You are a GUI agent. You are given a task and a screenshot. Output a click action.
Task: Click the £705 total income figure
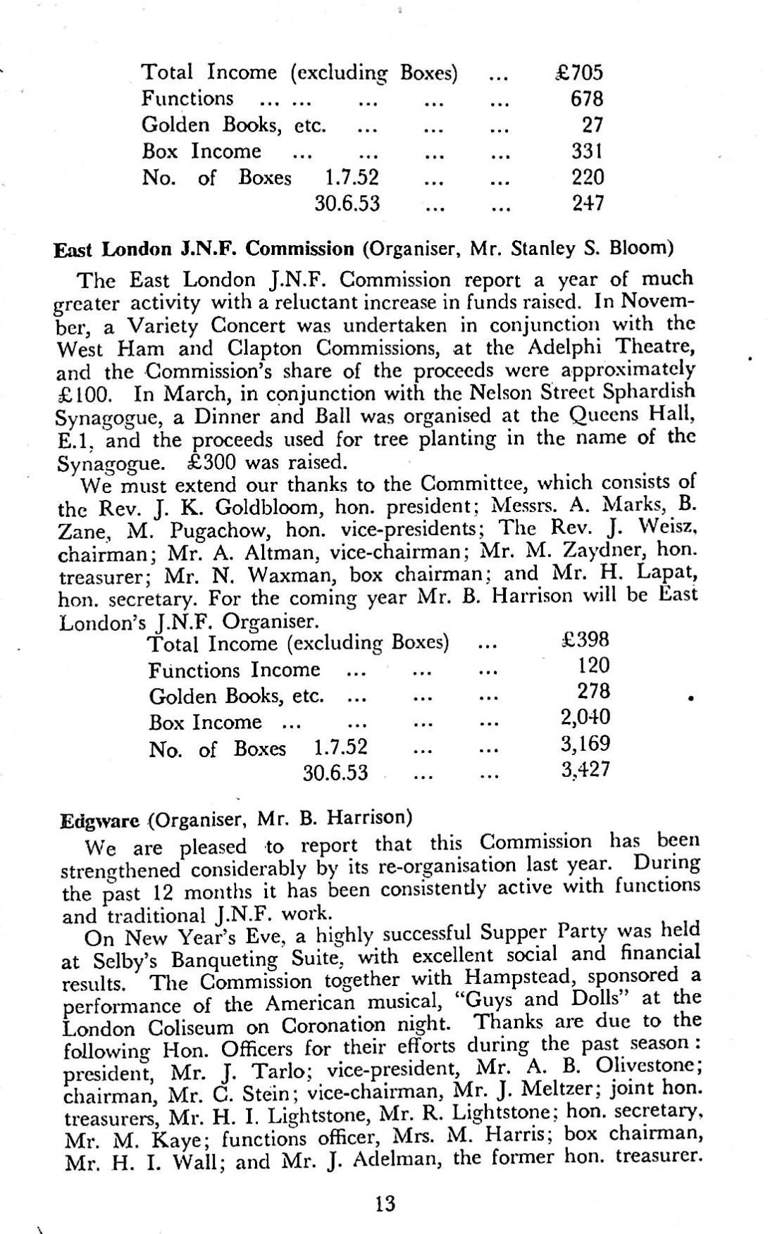tap(578, 72)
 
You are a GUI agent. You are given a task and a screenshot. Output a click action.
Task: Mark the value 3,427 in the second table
tap(585, 770)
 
